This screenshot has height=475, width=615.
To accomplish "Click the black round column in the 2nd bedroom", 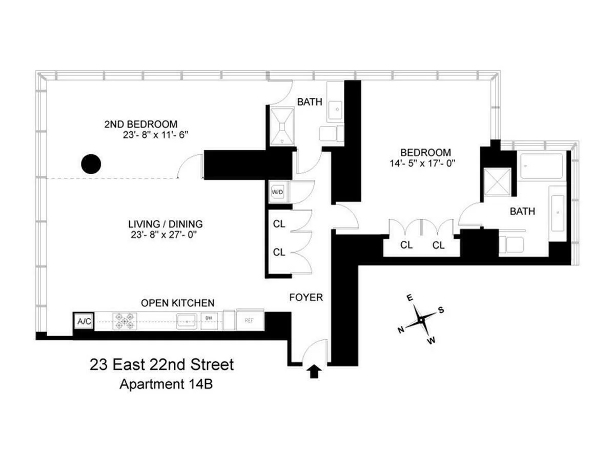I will tap(91, 164).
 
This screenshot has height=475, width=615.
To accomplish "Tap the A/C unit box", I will tap(83, 321).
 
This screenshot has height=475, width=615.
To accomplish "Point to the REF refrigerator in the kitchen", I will tap(250, 321).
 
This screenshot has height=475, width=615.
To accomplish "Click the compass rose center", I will tap(420, 319).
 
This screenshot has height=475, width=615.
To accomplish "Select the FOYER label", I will tap(306, 297).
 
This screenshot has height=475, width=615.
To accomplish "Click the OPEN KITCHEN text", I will tap(177, 303).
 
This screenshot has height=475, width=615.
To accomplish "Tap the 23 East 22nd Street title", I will tap(161, 365).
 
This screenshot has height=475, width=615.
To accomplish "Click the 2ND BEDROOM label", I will tap(141, 124).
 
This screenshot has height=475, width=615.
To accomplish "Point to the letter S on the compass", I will tap(440, 310).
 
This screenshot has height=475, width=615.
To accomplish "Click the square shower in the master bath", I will tap(498, 181).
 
